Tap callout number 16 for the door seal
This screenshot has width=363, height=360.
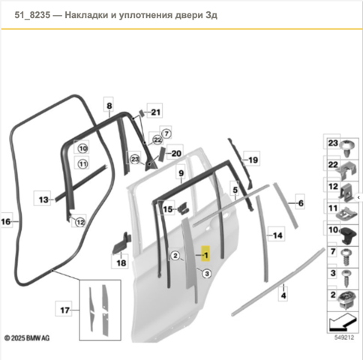pyautogui.click(x=6, y=221)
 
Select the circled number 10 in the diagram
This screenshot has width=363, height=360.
pyautogui.click(x=82, y=148)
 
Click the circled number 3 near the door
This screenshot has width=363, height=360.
pyautogui.click(x=207, y=274)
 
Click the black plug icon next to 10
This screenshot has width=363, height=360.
pyautogui.click(x=348, y=235)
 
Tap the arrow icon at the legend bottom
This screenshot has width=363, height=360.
pyautogui.click(x=342, y=322)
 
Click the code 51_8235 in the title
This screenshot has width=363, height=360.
pyautogui.click(x=32, y=15)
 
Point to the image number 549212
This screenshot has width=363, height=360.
pyautogui.click(x=344, y=337)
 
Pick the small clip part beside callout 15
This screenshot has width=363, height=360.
pyautogui.click(x=184, y=208)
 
